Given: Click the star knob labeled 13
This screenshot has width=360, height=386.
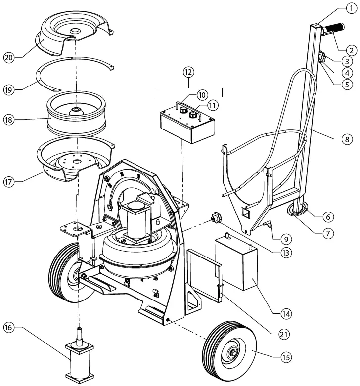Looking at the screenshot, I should point(216,217).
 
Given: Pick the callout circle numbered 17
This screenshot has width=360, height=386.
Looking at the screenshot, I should point(9,181).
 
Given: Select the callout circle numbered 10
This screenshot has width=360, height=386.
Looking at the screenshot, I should point(187,94).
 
